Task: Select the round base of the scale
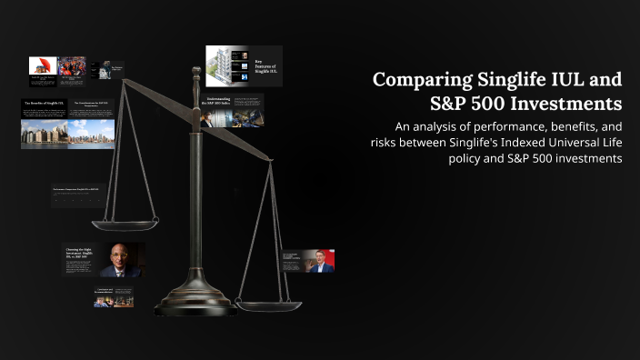(x=195, y=302)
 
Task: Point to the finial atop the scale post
(x=194, y=72)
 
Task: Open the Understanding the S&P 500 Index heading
(x=216, y=104)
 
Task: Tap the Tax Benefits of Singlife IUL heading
(x=44, y=104)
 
